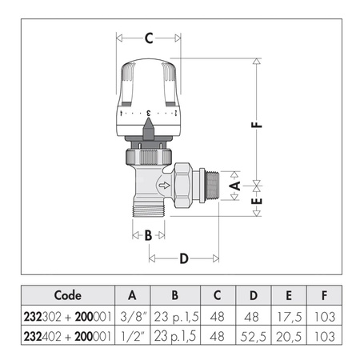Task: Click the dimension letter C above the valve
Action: pos(149,36)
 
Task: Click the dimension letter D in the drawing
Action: pos(184,258)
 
